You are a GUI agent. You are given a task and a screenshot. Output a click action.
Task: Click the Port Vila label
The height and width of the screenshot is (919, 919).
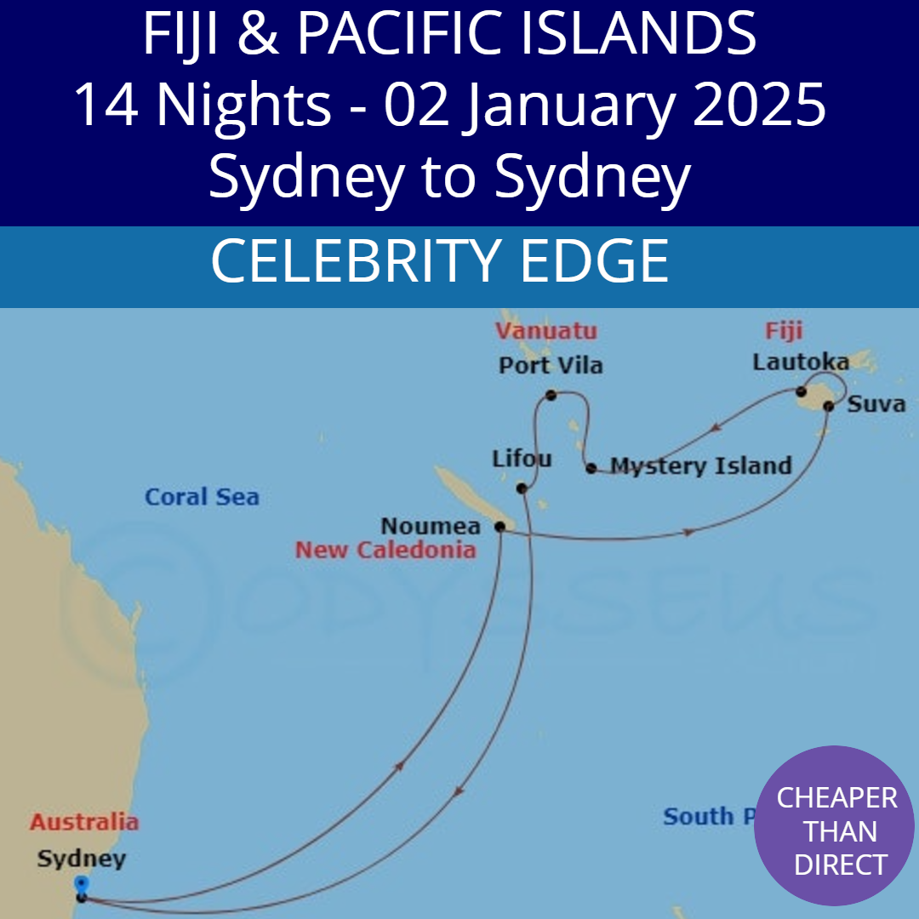point(551,366)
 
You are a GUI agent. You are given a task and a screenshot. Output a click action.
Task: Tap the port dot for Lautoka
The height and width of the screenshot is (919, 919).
point(801,391)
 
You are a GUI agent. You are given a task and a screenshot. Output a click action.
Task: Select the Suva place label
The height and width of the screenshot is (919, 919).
point(876,404)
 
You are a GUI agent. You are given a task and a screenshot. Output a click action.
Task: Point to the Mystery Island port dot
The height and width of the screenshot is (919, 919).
point(591,467)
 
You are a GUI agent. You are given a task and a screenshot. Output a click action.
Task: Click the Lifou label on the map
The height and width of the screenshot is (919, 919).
point(522,459)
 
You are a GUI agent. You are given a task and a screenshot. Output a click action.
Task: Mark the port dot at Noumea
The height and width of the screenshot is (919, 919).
point(500,527)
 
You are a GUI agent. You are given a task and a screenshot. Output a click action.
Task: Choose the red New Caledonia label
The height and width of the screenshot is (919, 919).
point(385,550)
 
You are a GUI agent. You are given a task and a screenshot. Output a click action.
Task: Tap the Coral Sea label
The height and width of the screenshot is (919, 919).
point(202,497)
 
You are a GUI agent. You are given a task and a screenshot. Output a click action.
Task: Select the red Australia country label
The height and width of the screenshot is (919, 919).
point(84,822)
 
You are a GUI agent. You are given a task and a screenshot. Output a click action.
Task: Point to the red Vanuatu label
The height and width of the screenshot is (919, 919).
point(546,331)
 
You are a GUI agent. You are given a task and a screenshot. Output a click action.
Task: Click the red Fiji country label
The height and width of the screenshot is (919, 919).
point(783,331)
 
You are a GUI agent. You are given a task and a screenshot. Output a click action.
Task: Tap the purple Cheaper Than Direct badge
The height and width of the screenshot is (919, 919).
point(836,831)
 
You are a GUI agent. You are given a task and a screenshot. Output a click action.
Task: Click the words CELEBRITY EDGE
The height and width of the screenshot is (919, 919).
point(439,260)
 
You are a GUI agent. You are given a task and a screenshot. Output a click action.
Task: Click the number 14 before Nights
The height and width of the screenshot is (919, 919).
point(107,106)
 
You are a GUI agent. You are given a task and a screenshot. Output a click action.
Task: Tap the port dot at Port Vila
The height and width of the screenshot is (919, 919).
point(551,395)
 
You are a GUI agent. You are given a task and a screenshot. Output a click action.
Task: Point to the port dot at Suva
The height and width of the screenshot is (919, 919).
point(829,406)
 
